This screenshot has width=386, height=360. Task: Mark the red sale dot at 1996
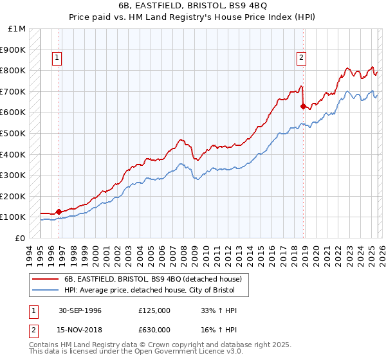(59, 211)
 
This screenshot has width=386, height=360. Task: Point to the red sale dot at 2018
(302, 106)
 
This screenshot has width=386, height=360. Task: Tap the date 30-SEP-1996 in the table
(78, 310)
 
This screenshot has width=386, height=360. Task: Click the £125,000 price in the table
(154, 310)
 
